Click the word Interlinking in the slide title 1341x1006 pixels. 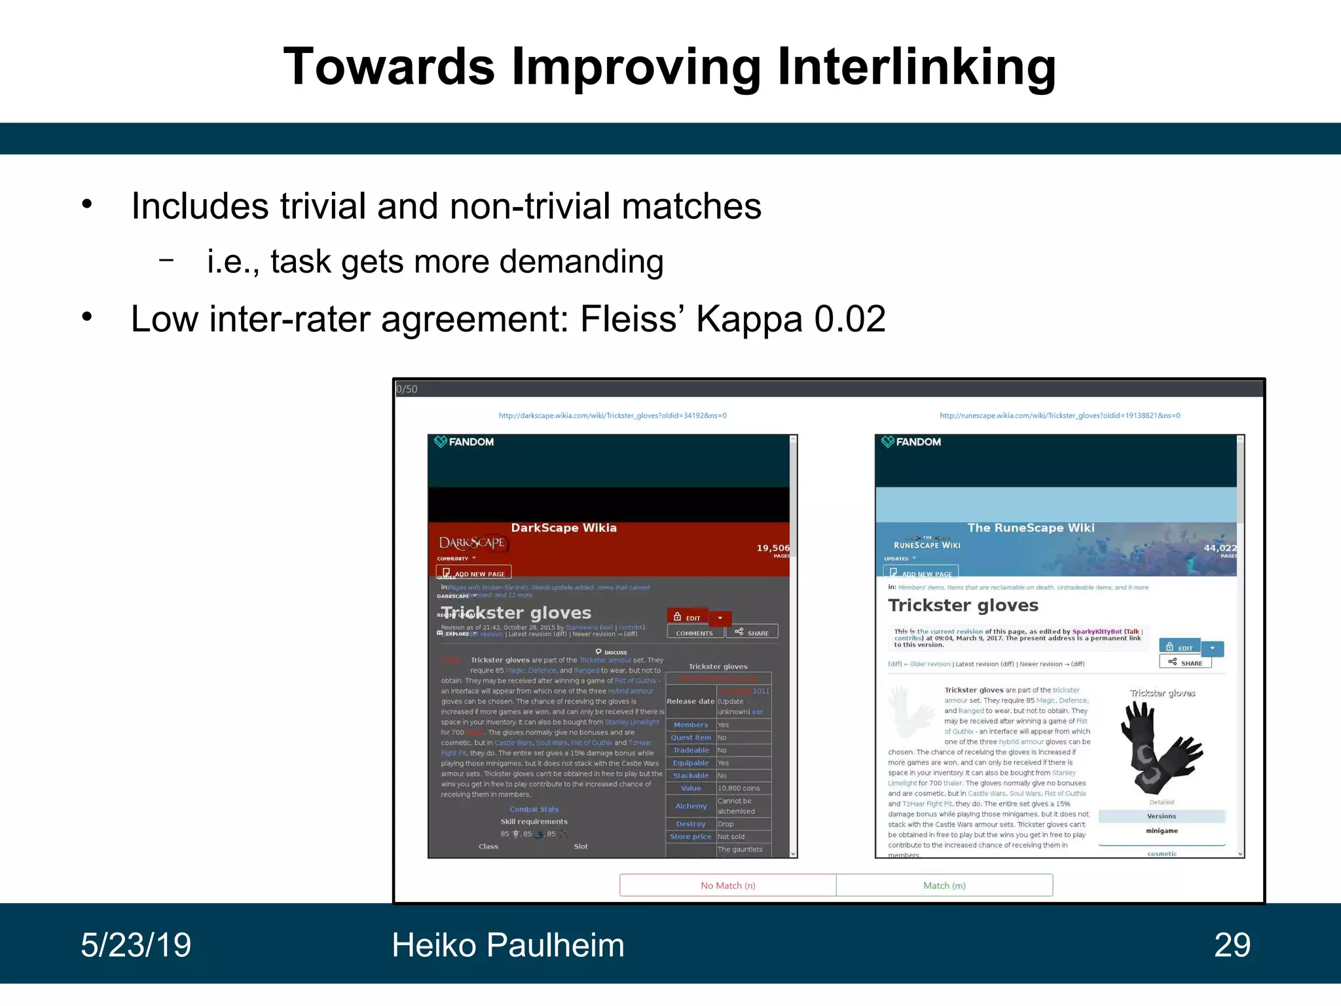(916, 67)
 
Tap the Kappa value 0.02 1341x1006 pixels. (849, 320)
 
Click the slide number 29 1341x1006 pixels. (1232, 945)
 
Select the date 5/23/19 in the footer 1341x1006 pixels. (136, 945)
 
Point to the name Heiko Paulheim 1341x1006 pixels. (507, 945)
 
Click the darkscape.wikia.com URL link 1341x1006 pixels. (612, 415)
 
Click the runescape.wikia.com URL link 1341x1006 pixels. (1059, 415)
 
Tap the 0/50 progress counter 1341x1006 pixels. (407, 389)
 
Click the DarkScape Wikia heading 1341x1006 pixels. (563, 528)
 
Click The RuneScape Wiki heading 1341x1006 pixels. (1031, 528)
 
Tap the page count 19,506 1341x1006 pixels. (773, 548)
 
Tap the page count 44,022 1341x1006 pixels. (1220, 548)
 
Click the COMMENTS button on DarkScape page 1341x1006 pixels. (695, 633)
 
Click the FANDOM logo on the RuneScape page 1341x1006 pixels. (911, 442)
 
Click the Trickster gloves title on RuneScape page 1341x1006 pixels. (963, 605)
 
